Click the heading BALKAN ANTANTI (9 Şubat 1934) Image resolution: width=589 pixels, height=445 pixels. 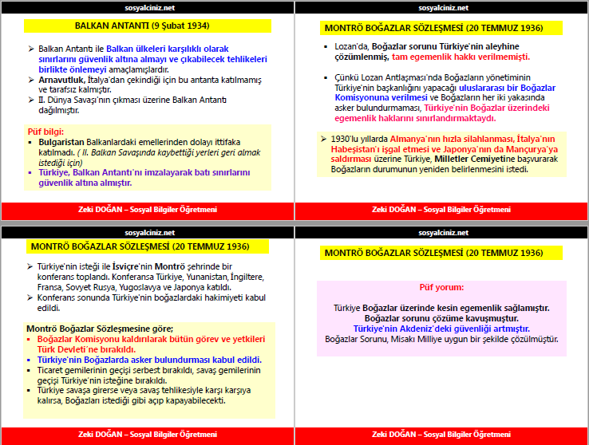[147, 26]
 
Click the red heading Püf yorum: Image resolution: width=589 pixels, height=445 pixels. [441, 288]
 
